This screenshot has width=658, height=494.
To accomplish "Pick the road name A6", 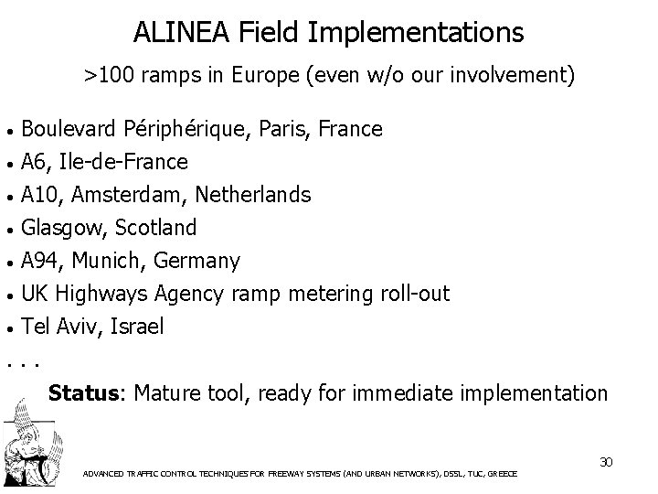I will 35,163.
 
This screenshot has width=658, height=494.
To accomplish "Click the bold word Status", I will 84,393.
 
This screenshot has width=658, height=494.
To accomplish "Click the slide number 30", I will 604,461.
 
